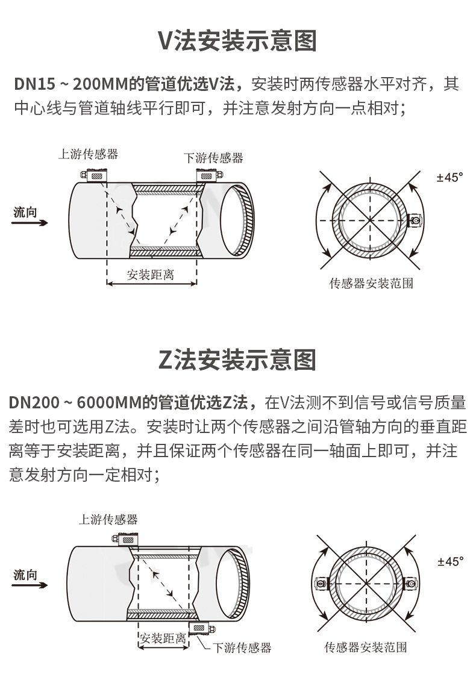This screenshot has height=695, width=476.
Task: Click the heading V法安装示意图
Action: coord(237,41)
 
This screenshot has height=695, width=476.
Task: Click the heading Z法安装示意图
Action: coord(237,360)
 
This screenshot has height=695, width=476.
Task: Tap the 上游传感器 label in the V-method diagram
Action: coord(89,154)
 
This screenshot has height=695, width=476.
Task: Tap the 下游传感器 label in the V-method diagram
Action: coord(213,158)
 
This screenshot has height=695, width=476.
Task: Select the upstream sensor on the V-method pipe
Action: coord(94,175)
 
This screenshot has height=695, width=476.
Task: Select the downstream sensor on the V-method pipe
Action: coord(209,175)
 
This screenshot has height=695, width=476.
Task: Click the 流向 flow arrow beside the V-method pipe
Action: coord(30,222)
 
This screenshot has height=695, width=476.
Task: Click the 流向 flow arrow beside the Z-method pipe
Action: coord(30,585)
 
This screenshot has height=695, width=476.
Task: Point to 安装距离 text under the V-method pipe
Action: coord(151,275)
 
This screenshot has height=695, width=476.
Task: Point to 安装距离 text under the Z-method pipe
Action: coord(163,638)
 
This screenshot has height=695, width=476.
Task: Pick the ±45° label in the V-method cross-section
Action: coord(450,177)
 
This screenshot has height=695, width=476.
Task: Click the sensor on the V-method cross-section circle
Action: coord(415,220)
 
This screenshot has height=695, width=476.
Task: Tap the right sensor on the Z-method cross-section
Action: coord(411,584)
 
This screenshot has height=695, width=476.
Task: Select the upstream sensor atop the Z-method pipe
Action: coord(125,540)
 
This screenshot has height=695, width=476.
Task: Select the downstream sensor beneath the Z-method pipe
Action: coord(202,628)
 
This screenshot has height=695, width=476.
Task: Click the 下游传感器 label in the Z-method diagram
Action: coord(242,647)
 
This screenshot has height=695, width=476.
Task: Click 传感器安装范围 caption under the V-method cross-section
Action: coord(371,283)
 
